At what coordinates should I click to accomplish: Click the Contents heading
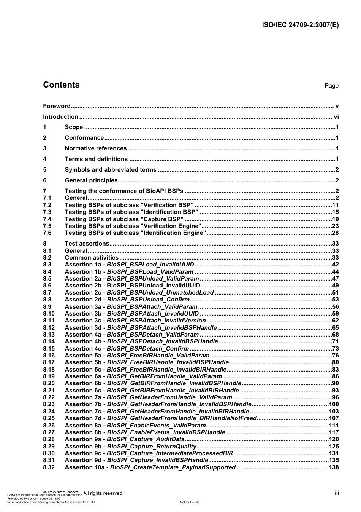coord(61,85)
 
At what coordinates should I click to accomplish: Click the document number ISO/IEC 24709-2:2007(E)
coord(300,25)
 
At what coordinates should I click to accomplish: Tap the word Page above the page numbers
coord(331,86)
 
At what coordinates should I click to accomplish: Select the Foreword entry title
coord(57,106)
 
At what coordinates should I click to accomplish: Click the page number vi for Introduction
coord(336,117)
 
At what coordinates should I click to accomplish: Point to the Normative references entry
coord(96,148)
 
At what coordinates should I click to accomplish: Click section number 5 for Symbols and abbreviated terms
coord(45,170)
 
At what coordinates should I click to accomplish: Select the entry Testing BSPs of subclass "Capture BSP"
coord(124,219)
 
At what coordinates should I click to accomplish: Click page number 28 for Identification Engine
coord(335,233)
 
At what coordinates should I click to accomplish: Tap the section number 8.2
coord(47,258)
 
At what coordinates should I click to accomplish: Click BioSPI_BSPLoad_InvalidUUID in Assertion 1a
coord(150,265)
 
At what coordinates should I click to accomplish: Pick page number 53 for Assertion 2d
coord(335,300)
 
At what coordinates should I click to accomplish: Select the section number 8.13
coord(49,335)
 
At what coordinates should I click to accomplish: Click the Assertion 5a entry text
coord(137,356)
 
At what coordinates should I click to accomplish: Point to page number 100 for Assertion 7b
coord(334,404)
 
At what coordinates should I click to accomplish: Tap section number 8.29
coord(49,446)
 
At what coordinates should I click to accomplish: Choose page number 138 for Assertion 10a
coord(334,467)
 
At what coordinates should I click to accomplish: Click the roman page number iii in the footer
coord(337,493)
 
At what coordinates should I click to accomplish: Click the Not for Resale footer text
coord(190,502)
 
